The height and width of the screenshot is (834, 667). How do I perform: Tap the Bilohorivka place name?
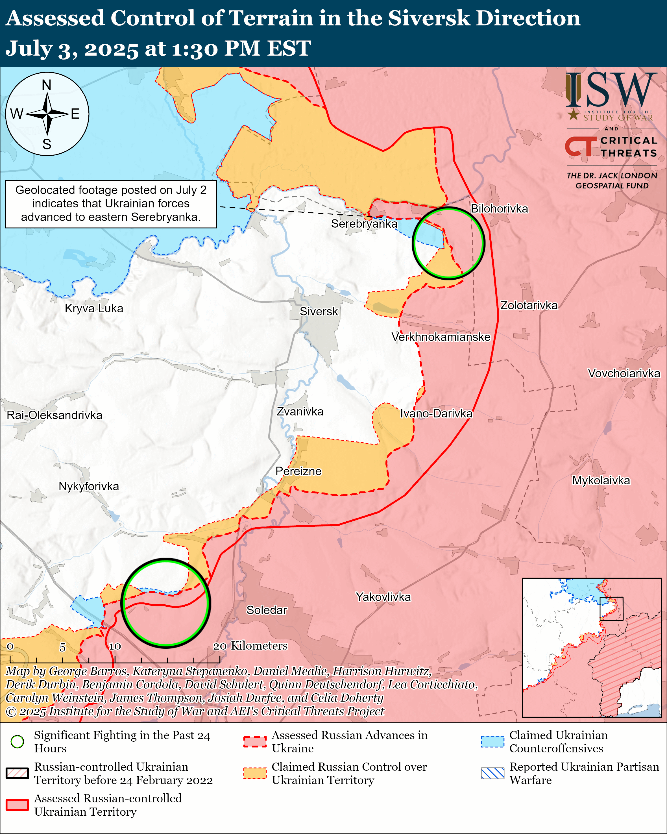coord(499,209)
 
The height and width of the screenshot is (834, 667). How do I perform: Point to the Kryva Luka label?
coord(94,308)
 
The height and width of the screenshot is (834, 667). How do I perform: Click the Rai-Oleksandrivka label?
coord(55,415)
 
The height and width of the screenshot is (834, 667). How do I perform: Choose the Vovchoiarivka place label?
coord(624,373)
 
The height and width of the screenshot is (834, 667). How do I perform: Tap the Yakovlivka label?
coord(383,597)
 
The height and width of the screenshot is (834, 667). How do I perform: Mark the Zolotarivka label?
coord(529,305)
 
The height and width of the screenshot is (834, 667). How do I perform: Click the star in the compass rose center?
coord(47,114)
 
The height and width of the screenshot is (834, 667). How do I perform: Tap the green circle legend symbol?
coord(18,742)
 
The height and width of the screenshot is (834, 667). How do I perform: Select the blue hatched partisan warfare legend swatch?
coord(492,773)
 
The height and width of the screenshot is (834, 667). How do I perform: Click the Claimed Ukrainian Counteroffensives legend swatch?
coord(492,742)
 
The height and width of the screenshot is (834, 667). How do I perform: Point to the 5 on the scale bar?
coord(62,648)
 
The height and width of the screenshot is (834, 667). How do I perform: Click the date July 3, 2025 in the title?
coord(71,49)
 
